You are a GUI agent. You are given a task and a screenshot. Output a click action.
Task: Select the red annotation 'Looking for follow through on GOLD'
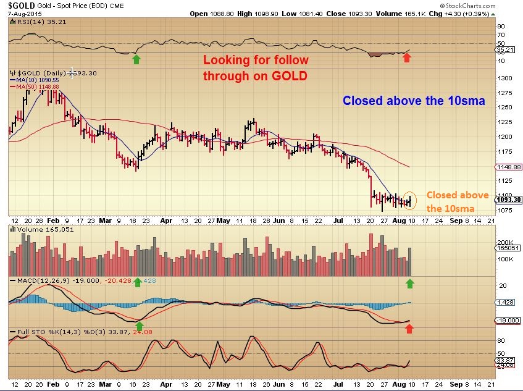(x=256, y=68)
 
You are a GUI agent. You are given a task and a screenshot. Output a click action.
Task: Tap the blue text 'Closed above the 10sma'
(x=414, y=100)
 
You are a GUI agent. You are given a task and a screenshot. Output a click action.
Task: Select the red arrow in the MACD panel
(x=408, y=329)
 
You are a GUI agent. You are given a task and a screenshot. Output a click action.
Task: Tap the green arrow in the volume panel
(x=408, y=283)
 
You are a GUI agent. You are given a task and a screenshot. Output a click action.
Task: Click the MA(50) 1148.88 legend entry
(x=38, y=87)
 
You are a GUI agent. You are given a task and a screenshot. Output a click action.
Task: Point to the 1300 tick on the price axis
(x=505, y=78)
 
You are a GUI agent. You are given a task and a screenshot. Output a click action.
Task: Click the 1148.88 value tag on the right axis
(x=509, y=167)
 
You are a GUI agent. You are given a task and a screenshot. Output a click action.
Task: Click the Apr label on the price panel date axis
(x=166, y=219)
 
